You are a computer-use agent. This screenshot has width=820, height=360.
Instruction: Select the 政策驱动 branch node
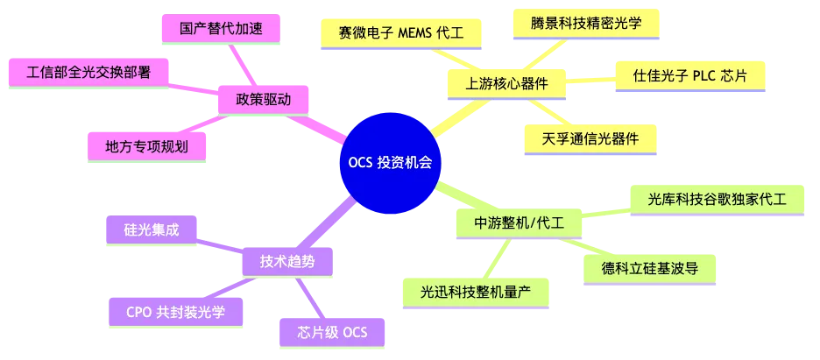point(264,99)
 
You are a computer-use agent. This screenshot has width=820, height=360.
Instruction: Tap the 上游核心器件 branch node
point(504,84)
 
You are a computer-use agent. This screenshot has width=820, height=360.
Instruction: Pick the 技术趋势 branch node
point(286,261)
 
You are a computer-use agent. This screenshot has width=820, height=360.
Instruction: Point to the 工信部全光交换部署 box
point(88,72)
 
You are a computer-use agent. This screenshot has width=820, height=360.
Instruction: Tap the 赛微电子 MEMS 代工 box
point(399,32)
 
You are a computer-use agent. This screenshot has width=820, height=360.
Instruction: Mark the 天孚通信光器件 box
point(589,138)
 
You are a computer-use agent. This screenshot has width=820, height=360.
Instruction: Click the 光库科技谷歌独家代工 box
point(717,200)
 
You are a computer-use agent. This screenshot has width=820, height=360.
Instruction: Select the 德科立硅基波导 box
point(649,265)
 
